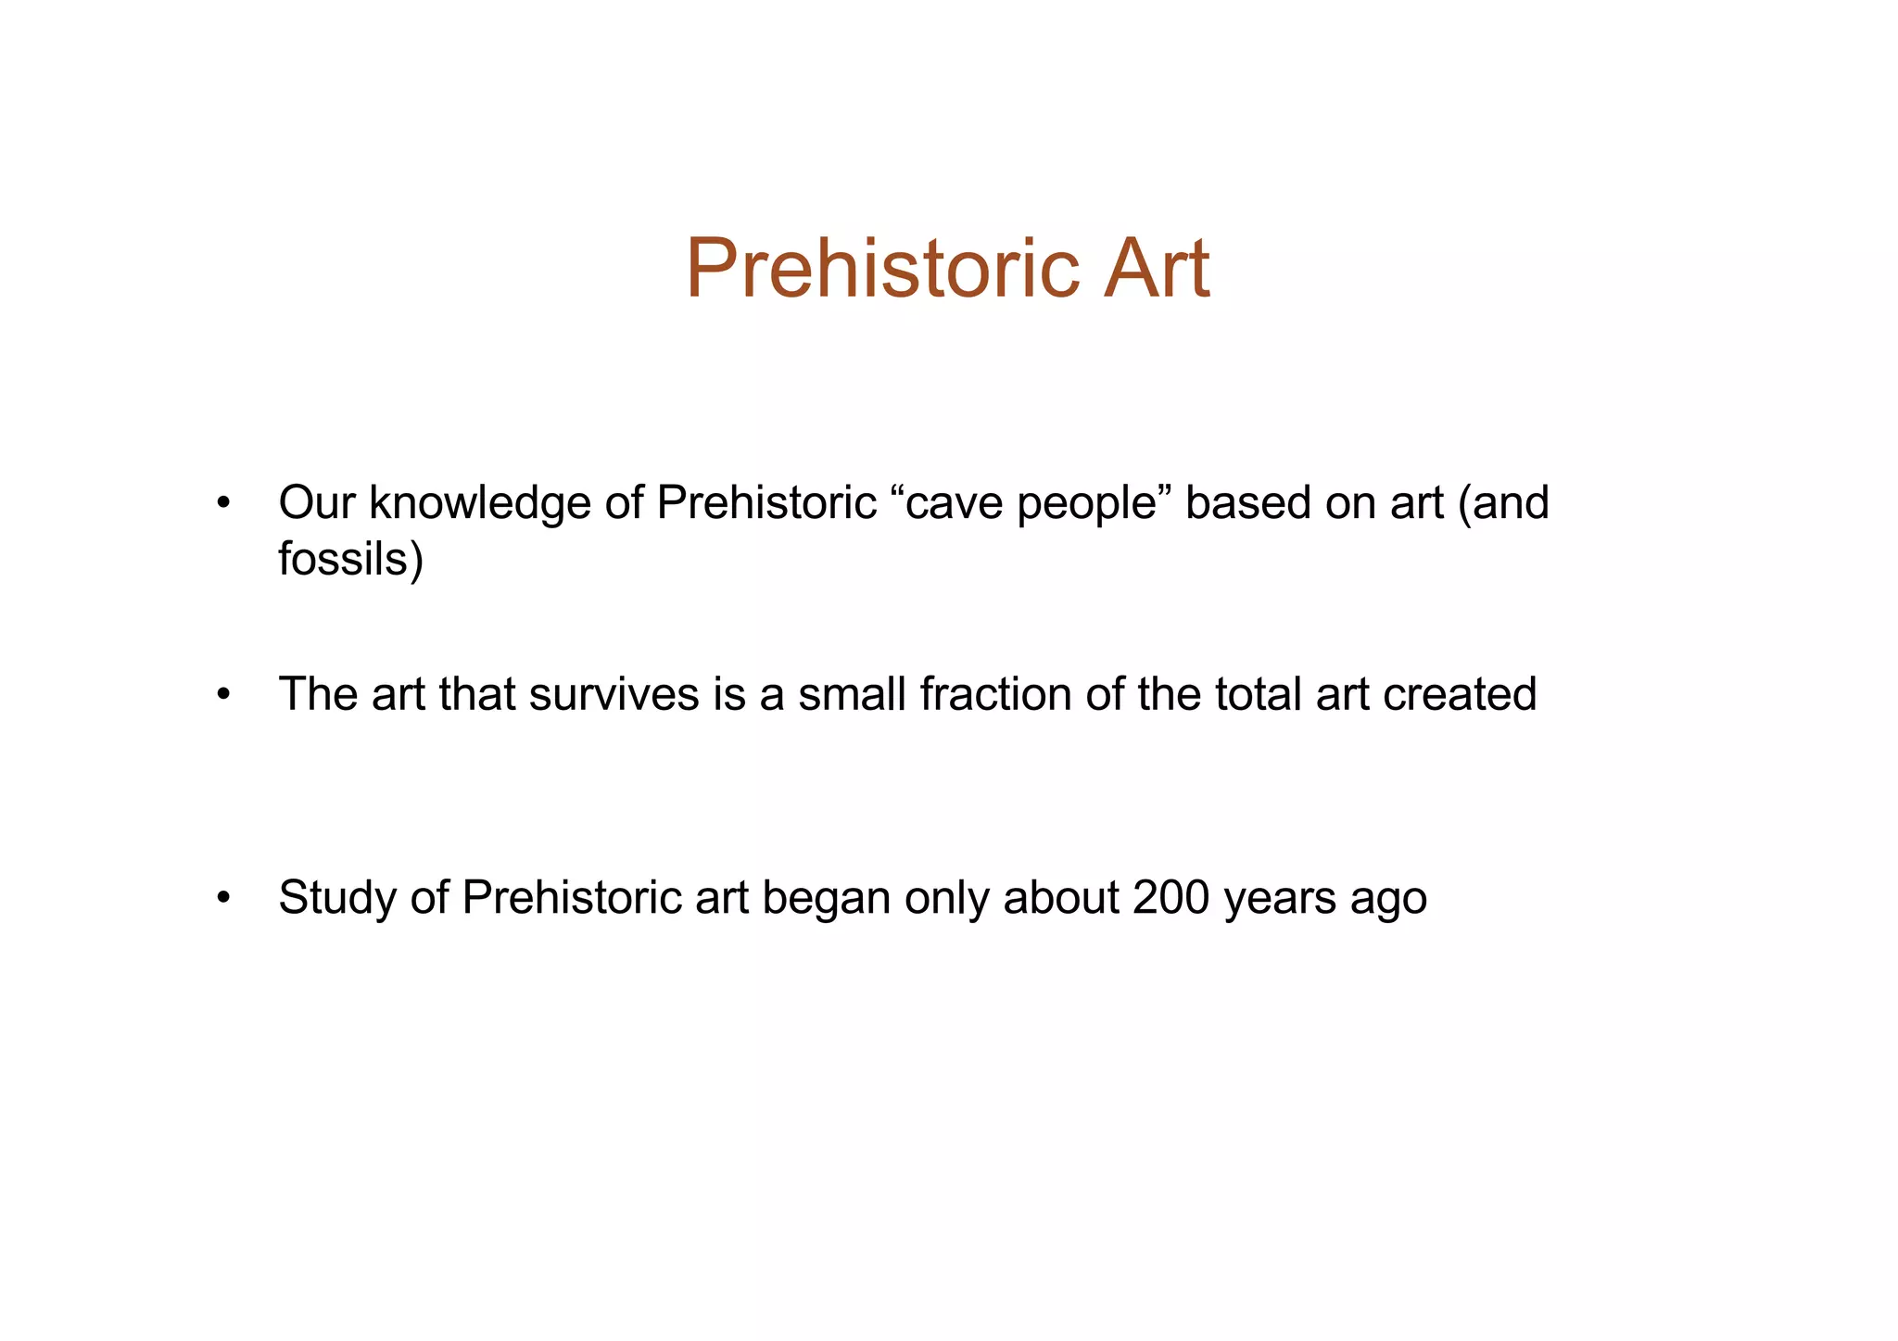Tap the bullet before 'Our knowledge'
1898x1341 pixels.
click(x=222, y=504)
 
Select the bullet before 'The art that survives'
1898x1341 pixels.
click(x=222, y=695)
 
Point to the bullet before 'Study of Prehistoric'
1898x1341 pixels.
click(x=222, y=899)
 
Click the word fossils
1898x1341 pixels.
click(x=349, y=559)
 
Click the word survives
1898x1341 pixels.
click(x=614, y=695)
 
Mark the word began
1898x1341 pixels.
click(x=826, y=899)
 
